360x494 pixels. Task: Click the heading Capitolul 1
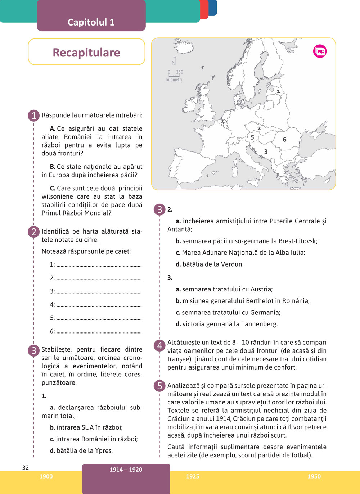[91, 22]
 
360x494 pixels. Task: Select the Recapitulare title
[86, 53]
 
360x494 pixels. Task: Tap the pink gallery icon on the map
[320, 51]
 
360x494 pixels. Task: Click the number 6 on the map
[284, 139]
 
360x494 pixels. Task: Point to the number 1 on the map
[278, 91]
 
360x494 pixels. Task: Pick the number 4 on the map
[223, 122]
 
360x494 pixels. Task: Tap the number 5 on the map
[252, 137]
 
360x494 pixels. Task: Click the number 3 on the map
[266, 152]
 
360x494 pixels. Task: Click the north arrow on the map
[175, 61]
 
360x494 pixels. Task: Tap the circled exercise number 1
[34, 115]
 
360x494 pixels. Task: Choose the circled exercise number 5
[159, 386]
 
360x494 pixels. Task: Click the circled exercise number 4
[159, 346]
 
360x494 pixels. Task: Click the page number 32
[26, 467]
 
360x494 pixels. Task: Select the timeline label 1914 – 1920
[126, 470]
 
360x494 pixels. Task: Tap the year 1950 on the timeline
[314, 476]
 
